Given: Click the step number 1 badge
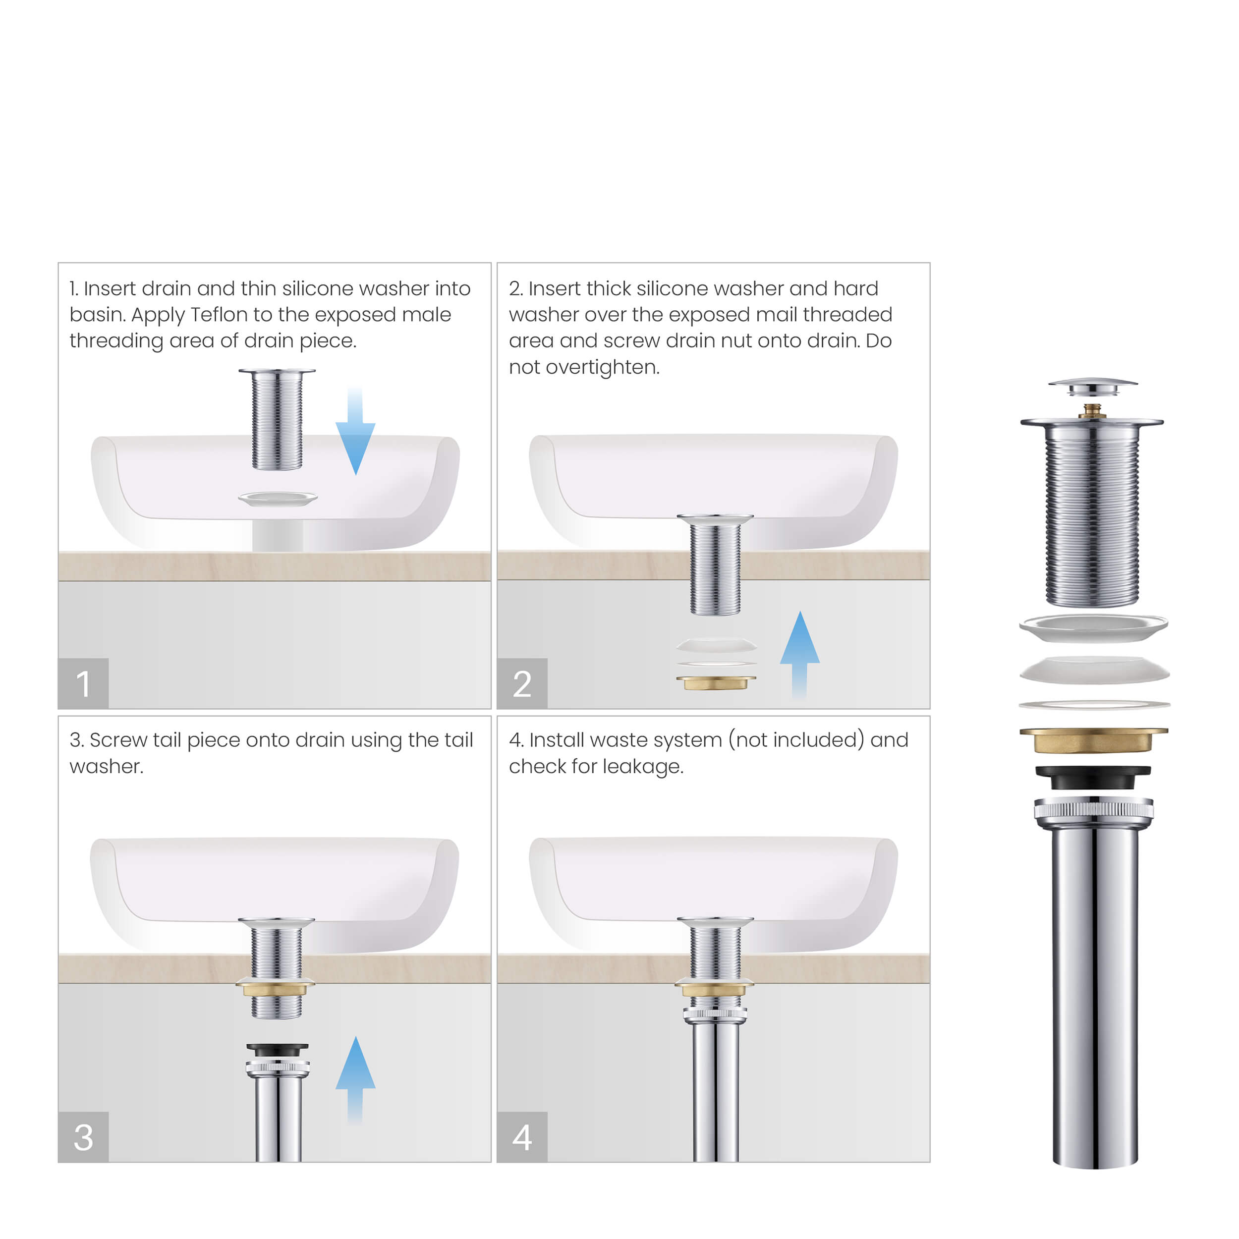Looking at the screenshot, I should (x=83, y=683).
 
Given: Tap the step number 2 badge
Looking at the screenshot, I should (x=521, y=683).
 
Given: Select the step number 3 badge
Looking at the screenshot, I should (x=83, y=1137).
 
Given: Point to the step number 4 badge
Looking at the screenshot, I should (x=521, y=1137).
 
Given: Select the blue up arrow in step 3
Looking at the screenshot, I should (x=355, y=1077).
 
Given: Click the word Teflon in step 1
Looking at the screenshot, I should (x=219, y=315).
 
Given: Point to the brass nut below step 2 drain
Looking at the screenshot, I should (x=716, y=682).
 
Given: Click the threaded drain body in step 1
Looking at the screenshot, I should (x=277, y=420).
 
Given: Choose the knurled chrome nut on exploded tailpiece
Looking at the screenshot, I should (x=1093, y=810).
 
